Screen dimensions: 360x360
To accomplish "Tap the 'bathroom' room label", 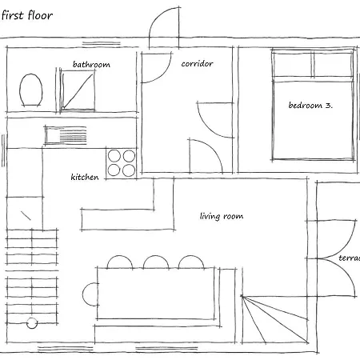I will (91, 65).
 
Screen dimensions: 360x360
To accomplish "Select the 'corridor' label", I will (197, 64).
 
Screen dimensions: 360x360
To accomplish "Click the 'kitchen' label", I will (85, 177).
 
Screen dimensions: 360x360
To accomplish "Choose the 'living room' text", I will (222, 216).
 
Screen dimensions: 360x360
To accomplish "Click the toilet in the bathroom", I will (30, 90).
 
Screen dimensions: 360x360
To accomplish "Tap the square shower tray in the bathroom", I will (78, 90).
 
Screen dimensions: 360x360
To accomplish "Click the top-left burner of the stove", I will (114, 156).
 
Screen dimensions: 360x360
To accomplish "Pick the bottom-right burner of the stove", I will (129, 170).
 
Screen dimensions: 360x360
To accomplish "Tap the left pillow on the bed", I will (292, 63).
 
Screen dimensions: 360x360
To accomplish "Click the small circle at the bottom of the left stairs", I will (32, 323).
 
